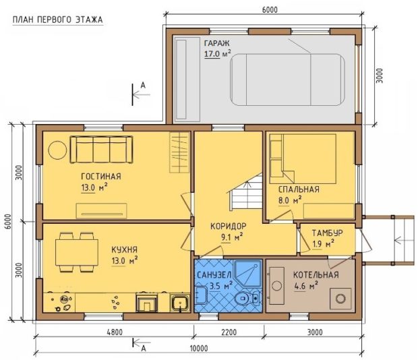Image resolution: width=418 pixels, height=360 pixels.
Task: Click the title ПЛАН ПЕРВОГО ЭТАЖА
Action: [58, 20]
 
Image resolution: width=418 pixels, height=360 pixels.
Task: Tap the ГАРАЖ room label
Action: [216, 43]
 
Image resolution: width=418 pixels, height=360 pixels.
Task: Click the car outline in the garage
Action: [287, 80]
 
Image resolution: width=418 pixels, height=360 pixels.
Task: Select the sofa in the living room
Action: [101, 150]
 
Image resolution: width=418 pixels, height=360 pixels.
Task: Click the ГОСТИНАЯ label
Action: [101, 177]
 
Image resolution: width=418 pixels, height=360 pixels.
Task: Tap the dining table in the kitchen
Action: [77, 252]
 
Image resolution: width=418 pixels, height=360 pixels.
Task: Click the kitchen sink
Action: [180, 303]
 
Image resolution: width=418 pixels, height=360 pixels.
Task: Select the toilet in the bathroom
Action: [247, 298]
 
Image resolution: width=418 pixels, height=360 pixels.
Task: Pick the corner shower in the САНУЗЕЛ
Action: [248, 274]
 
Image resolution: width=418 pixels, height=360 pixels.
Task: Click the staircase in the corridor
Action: [245, 192]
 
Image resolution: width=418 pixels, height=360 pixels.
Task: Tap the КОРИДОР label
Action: [229, 227]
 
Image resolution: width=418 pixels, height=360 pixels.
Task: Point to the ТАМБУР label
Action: [328, 233]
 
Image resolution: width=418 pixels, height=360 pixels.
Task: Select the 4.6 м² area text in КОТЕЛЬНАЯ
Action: [306, 287]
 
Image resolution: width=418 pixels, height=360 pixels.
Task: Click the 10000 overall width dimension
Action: [199, 348]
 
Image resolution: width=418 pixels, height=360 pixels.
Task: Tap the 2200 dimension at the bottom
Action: [229, 332]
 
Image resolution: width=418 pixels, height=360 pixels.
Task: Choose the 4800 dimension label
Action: [115, 332]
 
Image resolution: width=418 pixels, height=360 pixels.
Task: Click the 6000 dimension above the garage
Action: [270, 10]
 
